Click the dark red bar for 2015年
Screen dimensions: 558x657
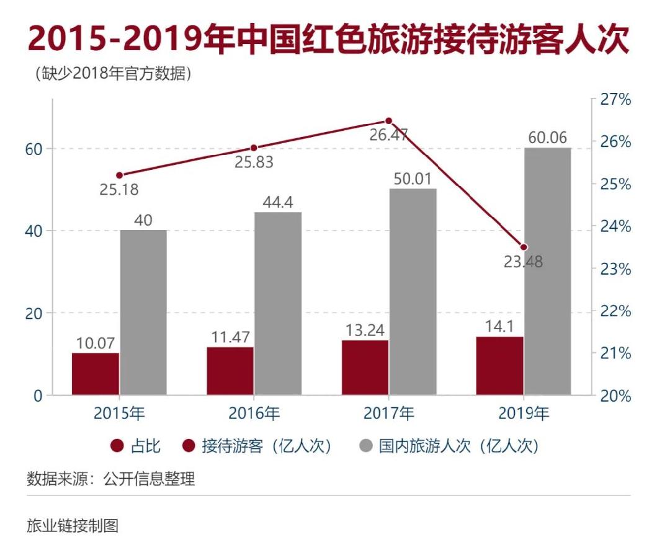click(96, 374)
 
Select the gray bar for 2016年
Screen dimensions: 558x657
click(278, 303)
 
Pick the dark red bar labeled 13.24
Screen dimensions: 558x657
click(365, 367)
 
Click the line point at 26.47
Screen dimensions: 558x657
click(388, 121)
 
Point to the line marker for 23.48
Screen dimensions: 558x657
click(524, 247)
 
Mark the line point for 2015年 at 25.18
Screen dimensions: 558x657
click(120, 175)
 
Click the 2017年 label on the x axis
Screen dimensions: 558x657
click(388, 413)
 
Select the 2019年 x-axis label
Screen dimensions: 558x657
click(524, 413)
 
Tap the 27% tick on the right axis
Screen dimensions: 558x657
click(614, 100)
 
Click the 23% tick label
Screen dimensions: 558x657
click(614, 269)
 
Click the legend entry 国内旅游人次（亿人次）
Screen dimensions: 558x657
click(449, 446)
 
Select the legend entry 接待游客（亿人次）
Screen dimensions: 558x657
click(257, 446)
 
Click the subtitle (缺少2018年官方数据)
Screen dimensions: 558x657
click(109, 74)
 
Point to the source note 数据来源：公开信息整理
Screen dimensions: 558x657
click(111, 479)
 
